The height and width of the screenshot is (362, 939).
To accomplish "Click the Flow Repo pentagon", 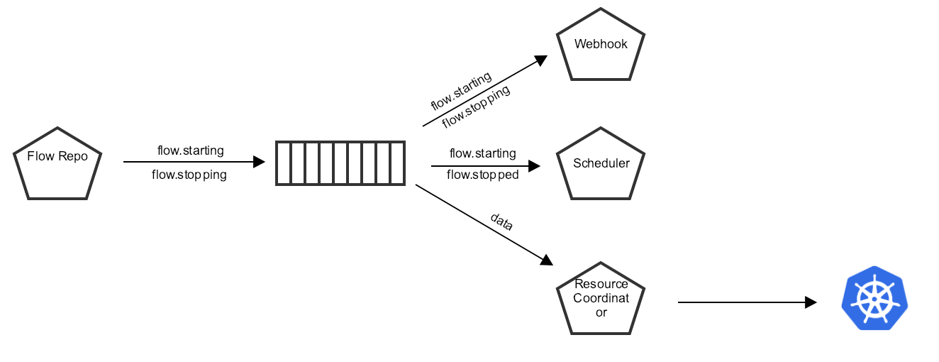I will (57, 164).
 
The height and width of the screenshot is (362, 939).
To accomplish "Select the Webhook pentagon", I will (601, 45).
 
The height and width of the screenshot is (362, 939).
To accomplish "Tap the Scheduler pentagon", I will (601, 164).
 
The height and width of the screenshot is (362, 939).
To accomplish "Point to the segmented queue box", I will (340, 163).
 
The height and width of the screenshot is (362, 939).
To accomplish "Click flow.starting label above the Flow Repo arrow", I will (190, 150).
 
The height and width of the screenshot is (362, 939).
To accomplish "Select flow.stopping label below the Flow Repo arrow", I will (189, 175).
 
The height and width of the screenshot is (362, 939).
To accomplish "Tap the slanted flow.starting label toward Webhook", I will (461, 90).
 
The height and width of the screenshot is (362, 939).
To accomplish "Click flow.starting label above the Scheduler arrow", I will (482, 153).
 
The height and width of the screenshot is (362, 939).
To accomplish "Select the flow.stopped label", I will (482, 175).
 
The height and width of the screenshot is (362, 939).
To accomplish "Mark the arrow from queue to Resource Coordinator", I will (482, 224).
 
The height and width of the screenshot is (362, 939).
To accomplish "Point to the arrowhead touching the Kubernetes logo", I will (811, 302).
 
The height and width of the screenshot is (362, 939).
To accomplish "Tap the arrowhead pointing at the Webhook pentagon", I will (541, 60).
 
